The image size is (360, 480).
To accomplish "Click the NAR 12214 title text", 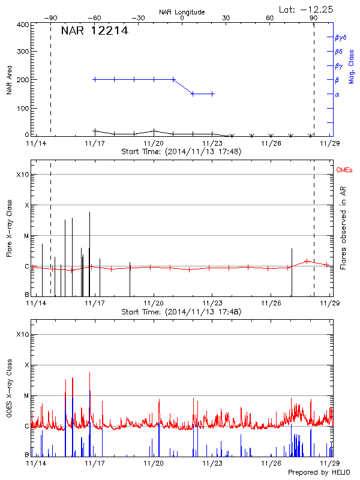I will coord(95,31).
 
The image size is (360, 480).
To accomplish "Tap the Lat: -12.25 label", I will coord(307,9).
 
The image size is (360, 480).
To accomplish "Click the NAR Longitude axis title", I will coord(182,11).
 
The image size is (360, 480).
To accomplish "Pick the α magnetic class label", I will coord(337,94).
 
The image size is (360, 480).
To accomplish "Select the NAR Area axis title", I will coord(10,80).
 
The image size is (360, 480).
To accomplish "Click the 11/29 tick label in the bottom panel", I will coord(329,464).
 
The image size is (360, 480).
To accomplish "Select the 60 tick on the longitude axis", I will coord(270,18).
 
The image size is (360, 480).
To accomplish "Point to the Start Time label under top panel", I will coord(181,152).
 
